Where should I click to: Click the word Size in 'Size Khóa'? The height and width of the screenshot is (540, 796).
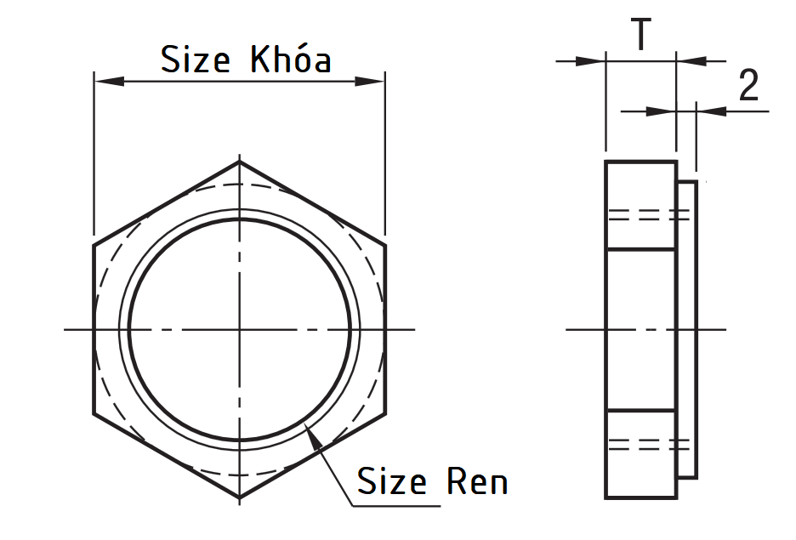(x=196, y=60)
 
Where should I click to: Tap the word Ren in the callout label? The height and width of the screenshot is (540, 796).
(x=476, y=481)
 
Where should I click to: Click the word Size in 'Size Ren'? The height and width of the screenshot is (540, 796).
(x=391, y=481)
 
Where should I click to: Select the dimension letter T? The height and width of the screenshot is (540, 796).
(x=640, y=35)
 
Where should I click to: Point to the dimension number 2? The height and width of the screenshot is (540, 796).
(x=748, y=86)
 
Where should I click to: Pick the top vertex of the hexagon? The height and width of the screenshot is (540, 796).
(x=239, y=161)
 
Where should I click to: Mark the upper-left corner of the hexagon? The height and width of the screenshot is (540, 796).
(x=94, y=245)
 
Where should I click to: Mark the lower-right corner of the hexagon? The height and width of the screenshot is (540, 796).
(x=385, y=414)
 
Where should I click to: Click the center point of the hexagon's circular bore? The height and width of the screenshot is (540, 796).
(x=239, y=329)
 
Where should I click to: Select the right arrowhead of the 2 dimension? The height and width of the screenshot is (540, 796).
(x=711, y=111)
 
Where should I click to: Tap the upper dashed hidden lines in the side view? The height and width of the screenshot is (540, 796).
(x=646, y=214)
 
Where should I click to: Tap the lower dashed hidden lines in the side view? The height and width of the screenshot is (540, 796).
(x=646, y=443)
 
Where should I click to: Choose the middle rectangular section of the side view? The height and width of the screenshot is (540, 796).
(x=641, y=329)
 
